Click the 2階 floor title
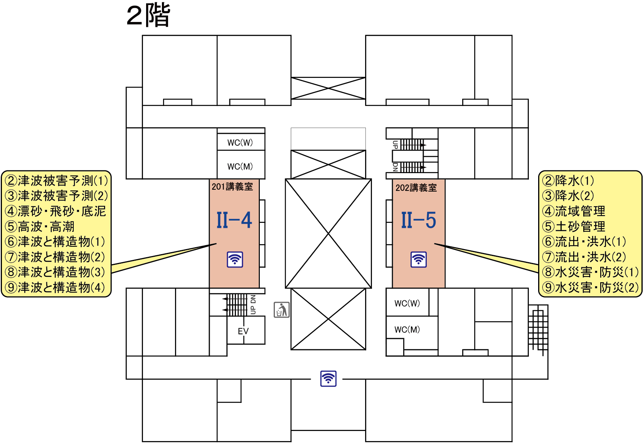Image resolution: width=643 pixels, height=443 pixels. pyautogui.click(x=148, y=16)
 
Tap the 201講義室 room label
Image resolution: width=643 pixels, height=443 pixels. pyautogui.click(x=232, y=187)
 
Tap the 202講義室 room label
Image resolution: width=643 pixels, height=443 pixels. pyautogui.click(x=416, y=188)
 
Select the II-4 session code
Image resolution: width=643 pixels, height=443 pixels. pyautogui.click(x=234, y=221)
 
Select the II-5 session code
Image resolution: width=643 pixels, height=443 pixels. pyautogui.click(x=418, y=221)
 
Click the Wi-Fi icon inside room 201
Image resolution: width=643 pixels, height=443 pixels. pyautogui.click(x=235, y=259)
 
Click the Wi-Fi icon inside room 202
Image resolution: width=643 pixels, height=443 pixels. pyautogui.click(x=419, y=259)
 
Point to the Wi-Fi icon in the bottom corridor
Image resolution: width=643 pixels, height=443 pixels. pyautogui.click(x=328, y=379)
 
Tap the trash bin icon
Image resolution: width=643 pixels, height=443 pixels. pyautogui.click(x=282, y=310)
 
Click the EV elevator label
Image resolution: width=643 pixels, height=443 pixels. pyautogui.click(x=243, y=331)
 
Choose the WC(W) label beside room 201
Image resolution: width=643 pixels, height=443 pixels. pyautogui.click(x=240, y=143)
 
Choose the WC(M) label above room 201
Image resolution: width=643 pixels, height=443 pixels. pyautogui.click(x=240, y=167)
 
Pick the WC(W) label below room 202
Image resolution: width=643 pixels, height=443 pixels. pyautogui.click(x=407, y=303)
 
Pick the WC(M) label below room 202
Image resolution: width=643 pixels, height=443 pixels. pyautogui.click(x=407, y=330)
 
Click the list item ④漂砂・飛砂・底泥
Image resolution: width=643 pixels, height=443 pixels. pyautogui.click(x=56, y=211)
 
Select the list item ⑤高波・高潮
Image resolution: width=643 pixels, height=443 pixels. pyautogui.click(x=40, y=226)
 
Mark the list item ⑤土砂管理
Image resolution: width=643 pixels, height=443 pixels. pyautogui.click(x=574, y=226)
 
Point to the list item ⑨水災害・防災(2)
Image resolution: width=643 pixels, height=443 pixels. pyautogui.click(x=590, y=287)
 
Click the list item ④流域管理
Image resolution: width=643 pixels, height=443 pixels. pyautogui.click(x=574, y=211)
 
